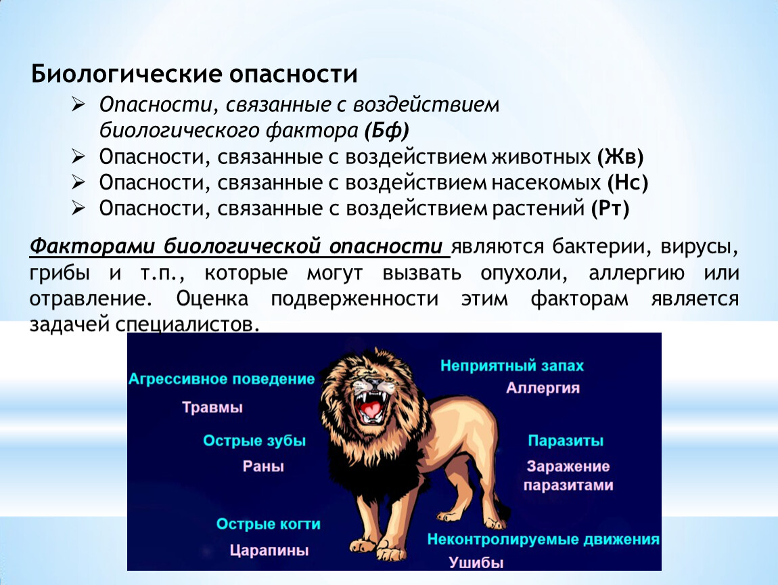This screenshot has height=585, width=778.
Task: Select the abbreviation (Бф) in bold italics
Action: [386, 131]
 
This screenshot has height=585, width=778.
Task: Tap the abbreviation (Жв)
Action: [620, 157]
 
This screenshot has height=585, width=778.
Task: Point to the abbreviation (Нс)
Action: [628, 183]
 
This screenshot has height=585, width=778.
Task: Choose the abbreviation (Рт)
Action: [610, 208]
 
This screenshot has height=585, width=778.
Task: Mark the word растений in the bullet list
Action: [539, 209]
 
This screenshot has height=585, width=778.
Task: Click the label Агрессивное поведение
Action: [221, 379]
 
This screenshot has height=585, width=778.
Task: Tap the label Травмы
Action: [212, 408]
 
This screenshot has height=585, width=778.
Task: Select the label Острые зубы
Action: [254, 441]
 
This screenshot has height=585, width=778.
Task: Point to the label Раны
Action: [263, 467]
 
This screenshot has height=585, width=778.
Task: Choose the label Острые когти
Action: [268, 524]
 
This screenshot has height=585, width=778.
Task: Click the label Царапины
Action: [269, 550]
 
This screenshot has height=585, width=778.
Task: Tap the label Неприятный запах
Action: [512, 366]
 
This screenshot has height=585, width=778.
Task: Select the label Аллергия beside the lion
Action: [543, 388]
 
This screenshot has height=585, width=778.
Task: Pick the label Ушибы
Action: [476, 563]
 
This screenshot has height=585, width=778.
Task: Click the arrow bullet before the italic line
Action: [78, 105]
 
